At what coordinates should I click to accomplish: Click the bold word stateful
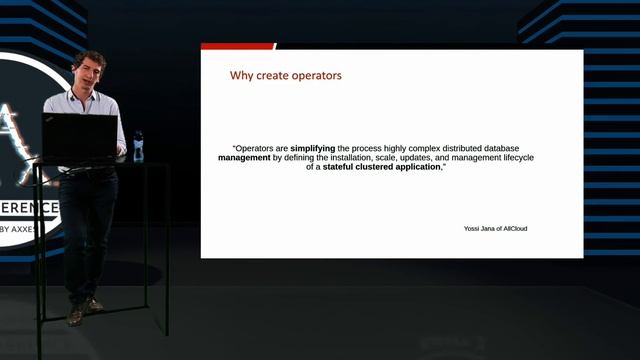343,167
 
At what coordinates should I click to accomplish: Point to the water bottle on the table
138,145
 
